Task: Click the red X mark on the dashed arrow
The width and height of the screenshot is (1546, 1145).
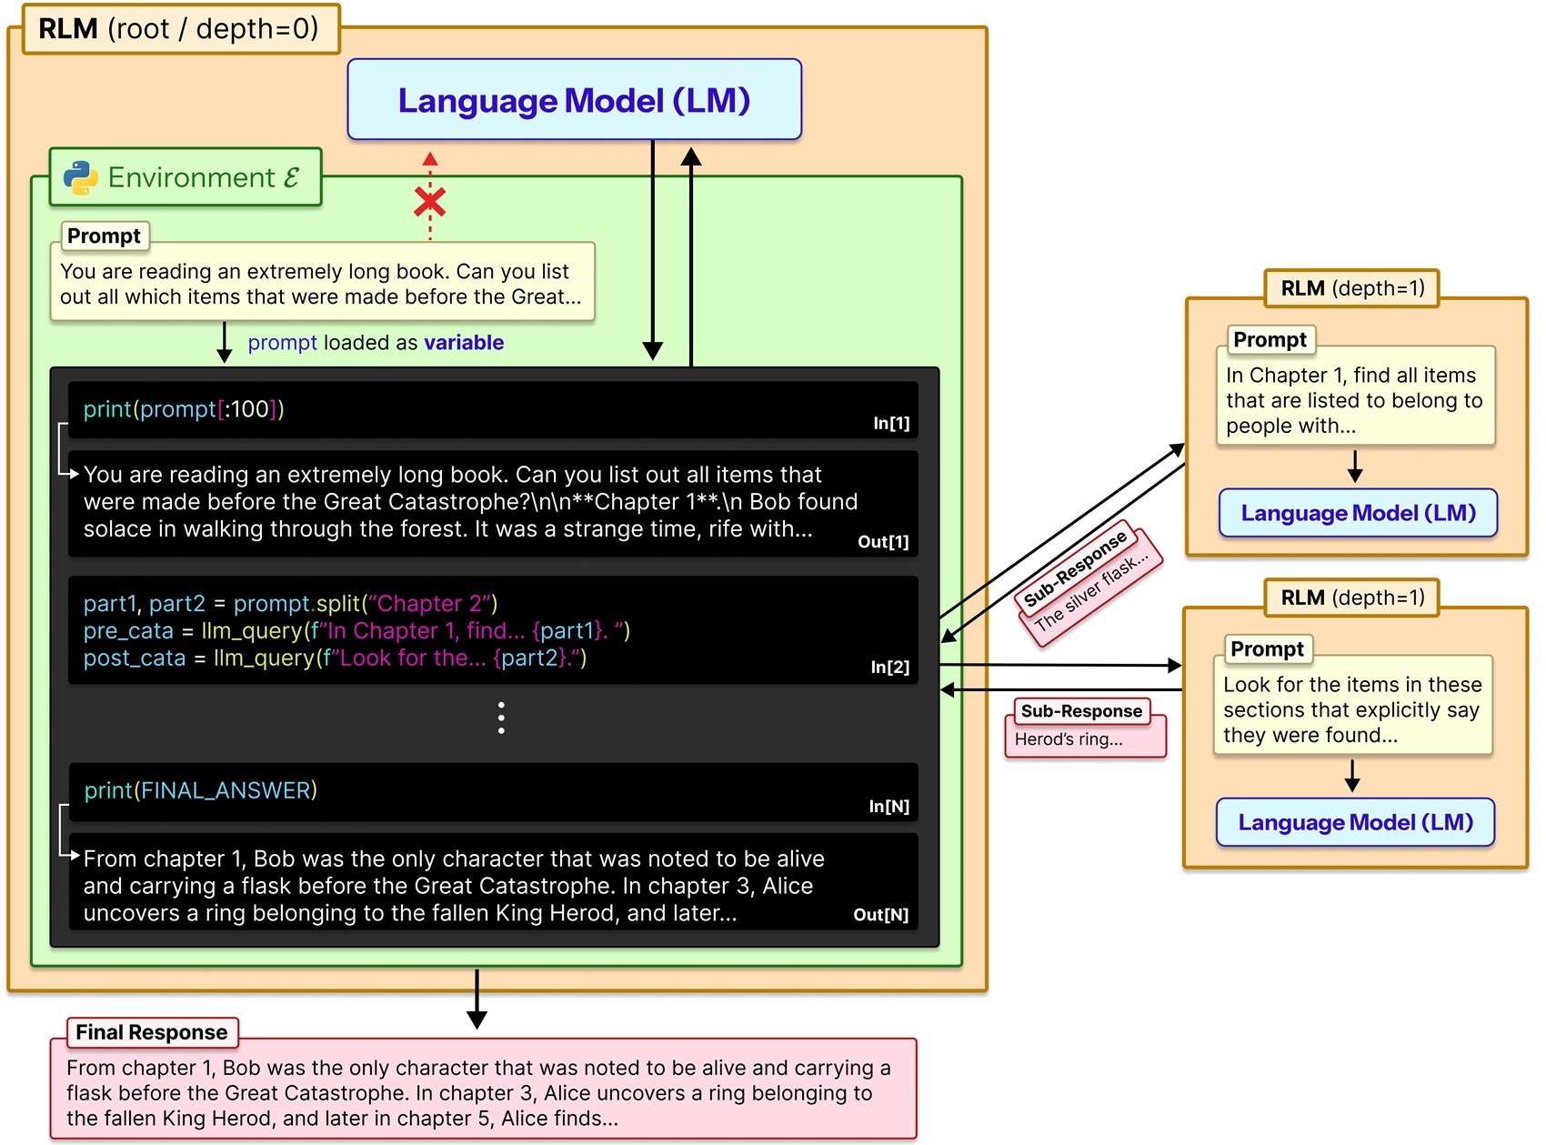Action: (429, 202)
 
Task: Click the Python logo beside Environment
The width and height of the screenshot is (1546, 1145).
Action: (81, 177)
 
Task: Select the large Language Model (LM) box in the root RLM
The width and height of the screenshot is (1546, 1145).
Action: (574, 100)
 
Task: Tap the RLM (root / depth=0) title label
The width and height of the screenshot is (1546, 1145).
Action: (179, 29)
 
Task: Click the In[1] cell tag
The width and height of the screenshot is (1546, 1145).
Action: (890, 423)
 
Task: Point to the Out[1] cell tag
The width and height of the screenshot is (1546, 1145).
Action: (882, 542)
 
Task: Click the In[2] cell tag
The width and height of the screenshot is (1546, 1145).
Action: (889, 668)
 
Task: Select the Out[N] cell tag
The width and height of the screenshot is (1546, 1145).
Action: (880, 915)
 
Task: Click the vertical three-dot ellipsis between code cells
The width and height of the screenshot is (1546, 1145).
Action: (501, 718)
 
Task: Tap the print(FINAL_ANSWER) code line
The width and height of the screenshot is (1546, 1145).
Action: (201, 790)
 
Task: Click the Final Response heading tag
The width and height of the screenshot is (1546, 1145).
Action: (152, 1032)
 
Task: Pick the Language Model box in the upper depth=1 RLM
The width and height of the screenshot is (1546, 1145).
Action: (1357, 513)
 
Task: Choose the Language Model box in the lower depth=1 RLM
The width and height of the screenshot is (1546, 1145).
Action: (1355, 822)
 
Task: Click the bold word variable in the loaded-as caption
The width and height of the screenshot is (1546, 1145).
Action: (464, 343)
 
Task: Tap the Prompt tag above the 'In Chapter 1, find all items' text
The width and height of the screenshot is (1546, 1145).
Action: (1270, 340)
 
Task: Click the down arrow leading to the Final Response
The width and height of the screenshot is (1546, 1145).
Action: (477, 1000)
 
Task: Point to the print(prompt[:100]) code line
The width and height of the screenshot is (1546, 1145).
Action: (184, 409)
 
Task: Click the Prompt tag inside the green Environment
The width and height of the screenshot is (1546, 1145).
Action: (104, 236)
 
